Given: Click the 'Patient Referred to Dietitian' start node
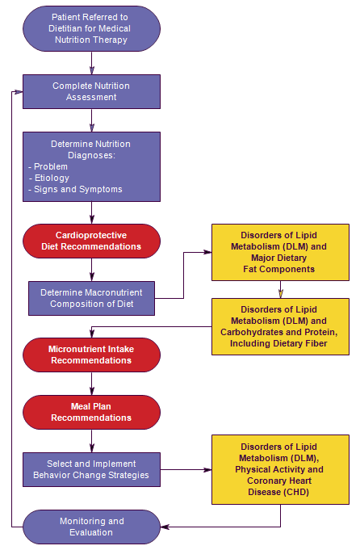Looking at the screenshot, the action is pos(91,29).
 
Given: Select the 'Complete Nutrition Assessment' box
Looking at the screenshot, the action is pos(91,91).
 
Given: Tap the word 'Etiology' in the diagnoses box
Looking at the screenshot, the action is pos(52,178).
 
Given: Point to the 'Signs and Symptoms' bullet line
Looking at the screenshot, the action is pos(75,190).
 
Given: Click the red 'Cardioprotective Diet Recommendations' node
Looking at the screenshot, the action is pos(91,241).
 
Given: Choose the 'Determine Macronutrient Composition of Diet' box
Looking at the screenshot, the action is pos(91,298).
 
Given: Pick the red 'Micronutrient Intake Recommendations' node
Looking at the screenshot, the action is pos(91,355).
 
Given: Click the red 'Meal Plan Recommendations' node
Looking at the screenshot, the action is pos(91,412).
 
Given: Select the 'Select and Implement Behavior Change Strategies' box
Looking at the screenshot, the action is pos(91,469).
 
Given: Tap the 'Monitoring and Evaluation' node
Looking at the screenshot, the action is pos(91,527).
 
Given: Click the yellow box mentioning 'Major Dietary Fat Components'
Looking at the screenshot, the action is pos(280,252).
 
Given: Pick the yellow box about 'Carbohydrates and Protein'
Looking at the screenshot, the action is pos(280,326).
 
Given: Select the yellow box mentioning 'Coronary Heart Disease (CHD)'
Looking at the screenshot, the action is pos(280,470).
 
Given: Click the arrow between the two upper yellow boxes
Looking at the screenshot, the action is pos(280,289).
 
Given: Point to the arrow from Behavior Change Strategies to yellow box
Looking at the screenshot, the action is pos(186,470).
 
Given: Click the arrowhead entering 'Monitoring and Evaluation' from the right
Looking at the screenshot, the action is pos(165,527).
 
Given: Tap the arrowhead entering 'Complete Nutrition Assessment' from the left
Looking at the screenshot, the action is pos(19,92).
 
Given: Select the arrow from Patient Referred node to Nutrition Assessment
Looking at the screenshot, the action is pos(91,63).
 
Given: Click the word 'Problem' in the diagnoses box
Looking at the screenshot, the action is pos(51,166).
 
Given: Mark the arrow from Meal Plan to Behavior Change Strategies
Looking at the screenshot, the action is pos(91,441).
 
